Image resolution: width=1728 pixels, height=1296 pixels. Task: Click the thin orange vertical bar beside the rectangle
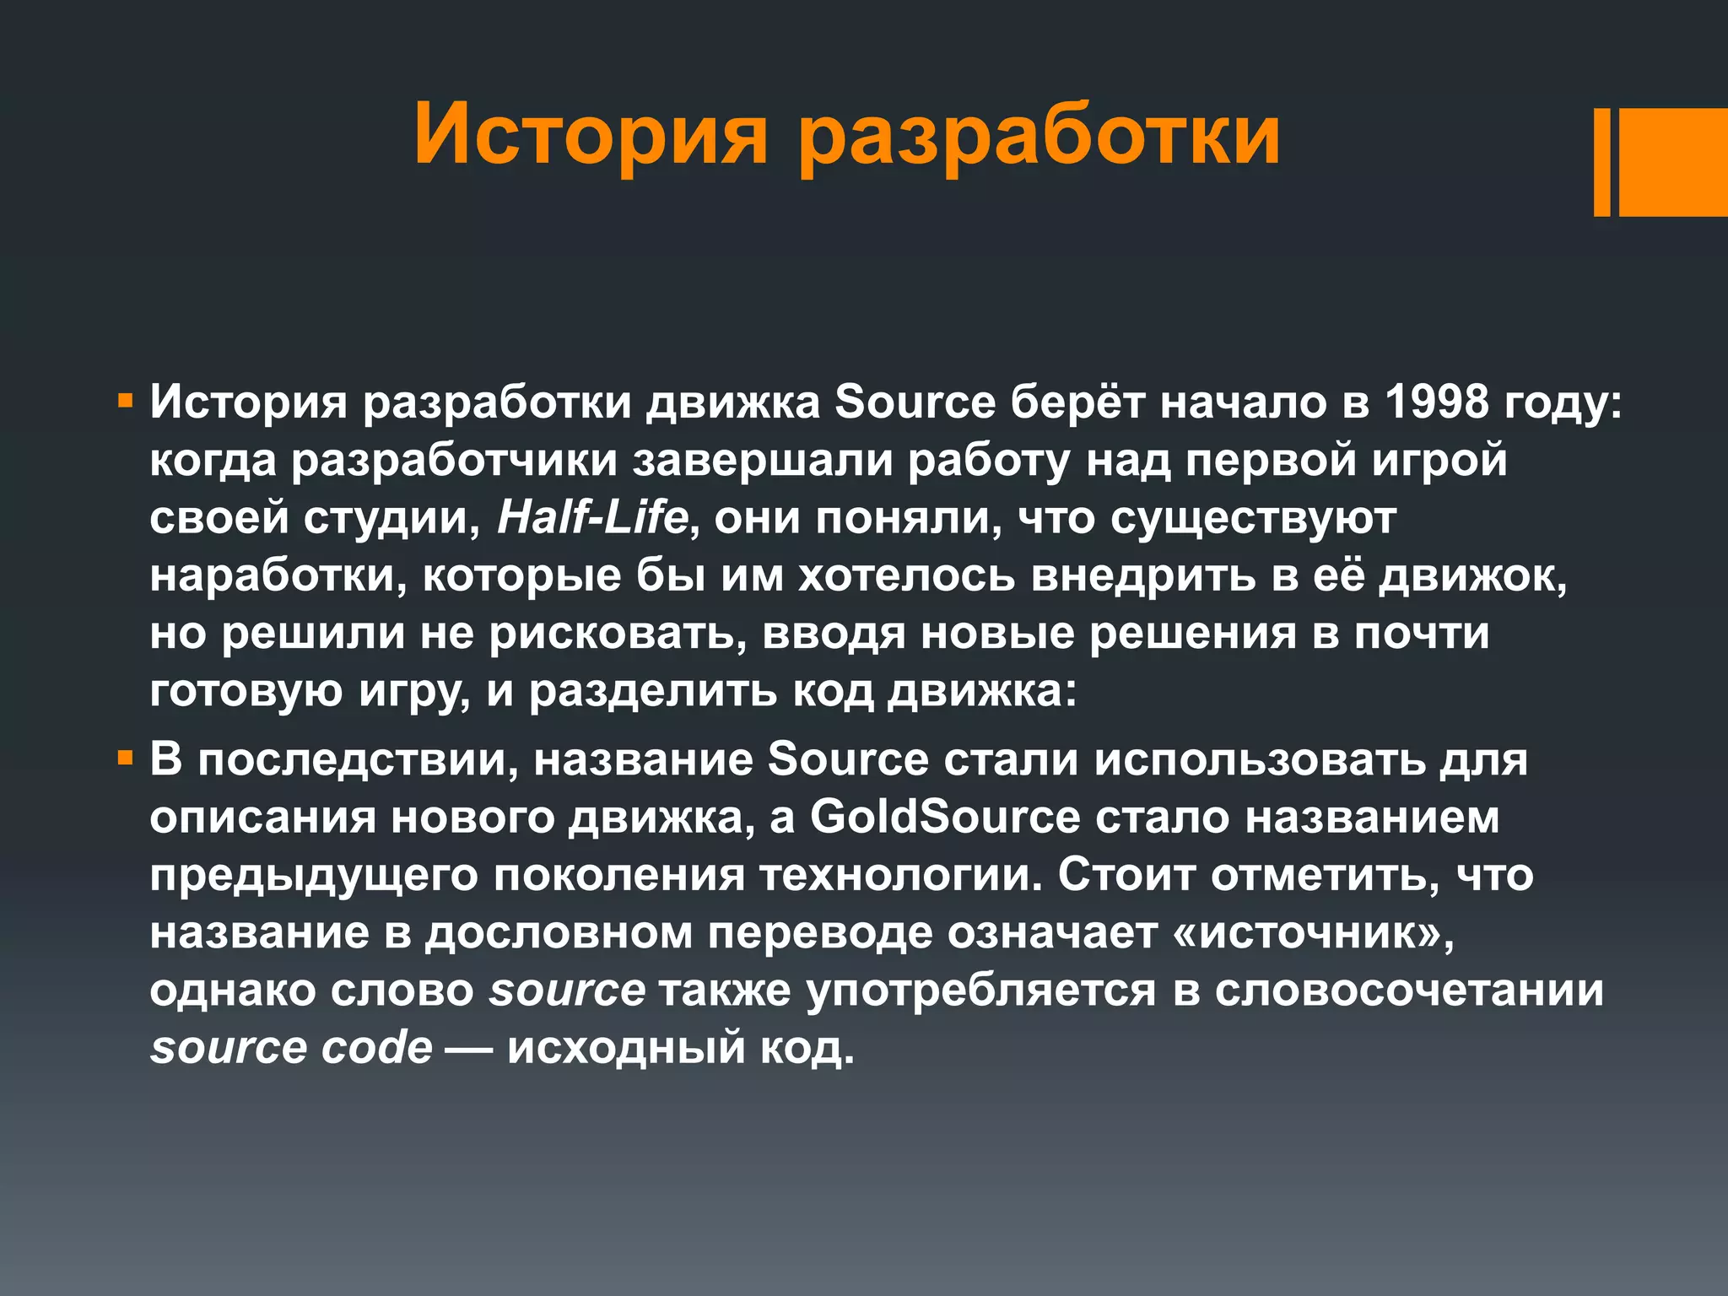click(1601, 162)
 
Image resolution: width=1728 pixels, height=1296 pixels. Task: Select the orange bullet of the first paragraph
click(126, 401)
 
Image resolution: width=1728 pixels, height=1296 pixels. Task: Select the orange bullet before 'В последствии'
click(126, 759)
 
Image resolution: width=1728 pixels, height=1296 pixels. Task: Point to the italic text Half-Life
click(592, 517)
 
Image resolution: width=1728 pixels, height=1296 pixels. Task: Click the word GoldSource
click(945, 818)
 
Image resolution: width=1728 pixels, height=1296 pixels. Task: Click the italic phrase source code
click(291, 1048)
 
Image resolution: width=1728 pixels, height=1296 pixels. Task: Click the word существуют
click(1252, 517)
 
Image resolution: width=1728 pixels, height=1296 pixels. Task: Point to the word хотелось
click(906, 575)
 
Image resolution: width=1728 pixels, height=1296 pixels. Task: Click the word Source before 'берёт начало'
click(915, 402)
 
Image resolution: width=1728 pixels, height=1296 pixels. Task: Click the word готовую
click(246, 691)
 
